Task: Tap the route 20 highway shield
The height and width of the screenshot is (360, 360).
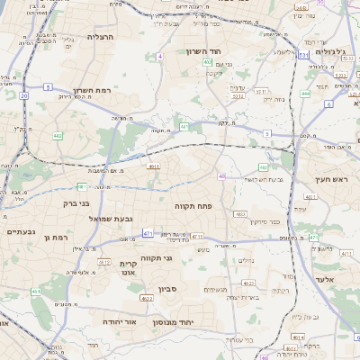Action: pyautogui.click(x=23, y=94)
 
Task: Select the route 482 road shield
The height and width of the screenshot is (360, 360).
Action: pyautogui.click(x=58, y=137)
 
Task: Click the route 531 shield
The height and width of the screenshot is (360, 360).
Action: pyautogui.click(x=304, y=55)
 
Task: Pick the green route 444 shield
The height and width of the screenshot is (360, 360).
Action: pyautogui.click(x=305, y=94)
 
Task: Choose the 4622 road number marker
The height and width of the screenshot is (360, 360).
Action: pyautogui.click(x=147, y=298)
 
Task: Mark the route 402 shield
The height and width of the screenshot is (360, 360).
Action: pyautogui.click(x=207, y=63)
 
